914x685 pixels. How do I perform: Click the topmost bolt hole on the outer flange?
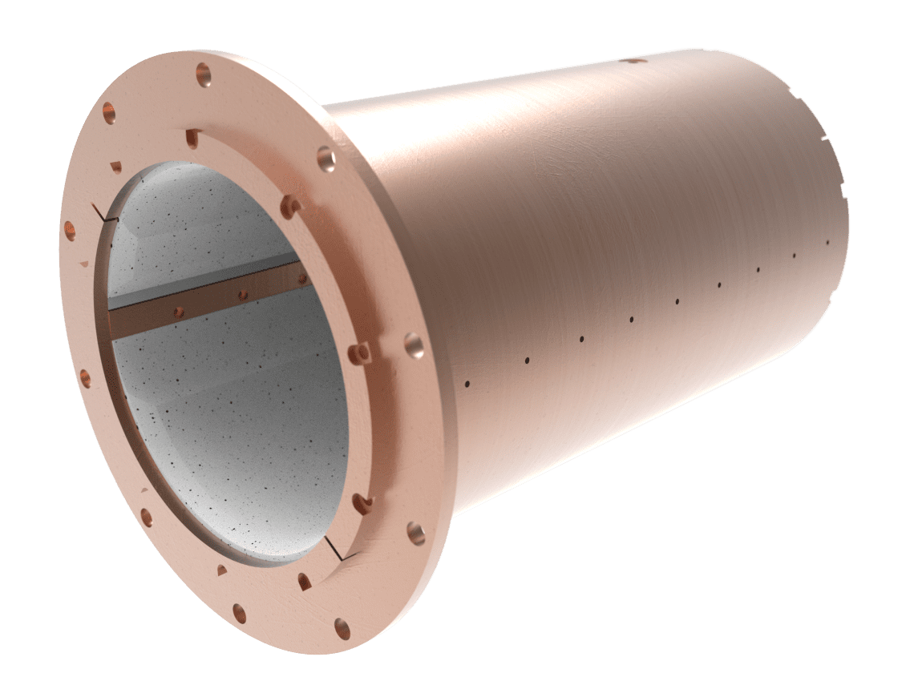[203, 73]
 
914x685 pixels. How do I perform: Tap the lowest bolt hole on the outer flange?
[342, 627]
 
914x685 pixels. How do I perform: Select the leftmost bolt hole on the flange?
[70, 232]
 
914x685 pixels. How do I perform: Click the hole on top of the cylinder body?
[633, 60]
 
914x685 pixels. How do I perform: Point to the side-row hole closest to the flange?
[467, 384]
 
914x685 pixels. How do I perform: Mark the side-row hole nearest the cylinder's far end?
[827, 242]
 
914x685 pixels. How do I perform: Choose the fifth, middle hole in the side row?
[677, 302]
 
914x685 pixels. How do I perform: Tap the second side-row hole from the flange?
[527, 361]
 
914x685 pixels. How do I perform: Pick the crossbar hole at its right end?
[302, 279]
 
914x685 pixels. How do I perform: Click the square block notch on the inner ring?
[362, 352]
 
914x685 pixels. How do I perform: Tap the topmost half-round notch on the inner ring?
[191, 138]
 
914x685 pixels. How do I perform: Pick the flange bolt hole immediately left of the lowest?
[239, 613]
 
